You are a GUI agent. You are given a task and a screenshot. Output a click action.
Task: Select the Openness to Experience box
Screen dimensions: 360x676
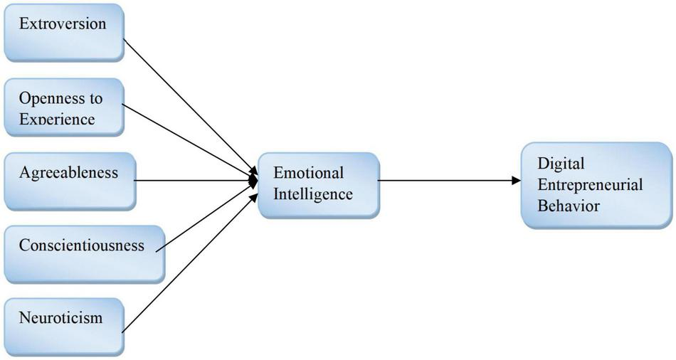coord(63,106)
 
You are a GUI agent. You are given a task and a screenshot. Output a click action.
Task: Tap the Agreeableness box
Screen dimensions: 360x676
coord(68,180)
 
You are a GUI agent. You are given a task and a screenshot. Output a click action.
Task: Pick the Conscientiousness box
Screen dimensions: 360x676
coord(83,253)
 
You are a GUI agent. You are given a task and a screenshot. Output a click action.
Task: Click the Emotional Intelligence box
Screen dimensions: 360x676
coord(317,184)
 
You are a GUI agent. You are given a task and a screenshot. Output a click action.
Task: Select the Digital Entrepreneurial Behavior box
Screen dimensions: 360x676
coord(596,185)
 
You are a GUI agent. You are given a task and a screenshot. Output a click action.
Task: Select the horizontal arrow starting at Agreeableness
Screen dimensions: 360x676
coord(192,181)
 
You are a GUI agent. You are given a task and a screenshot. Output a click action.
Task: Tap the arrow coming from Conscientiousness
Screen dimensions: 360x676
coord(206,218)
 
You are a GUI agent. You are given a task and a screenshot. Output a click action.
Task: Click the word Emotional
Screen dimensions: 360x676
coord(308,173)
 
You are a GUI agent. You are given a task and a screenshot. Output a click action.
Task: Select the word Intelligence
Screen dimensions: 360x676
coord(313,194)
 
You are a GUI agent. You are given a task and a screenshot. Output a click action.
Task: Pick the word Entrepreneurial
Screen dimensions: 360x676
coord(590,185)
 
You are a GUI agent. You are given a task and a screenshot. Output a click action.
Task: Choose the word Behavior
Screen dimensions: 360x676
coord(569,206)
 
